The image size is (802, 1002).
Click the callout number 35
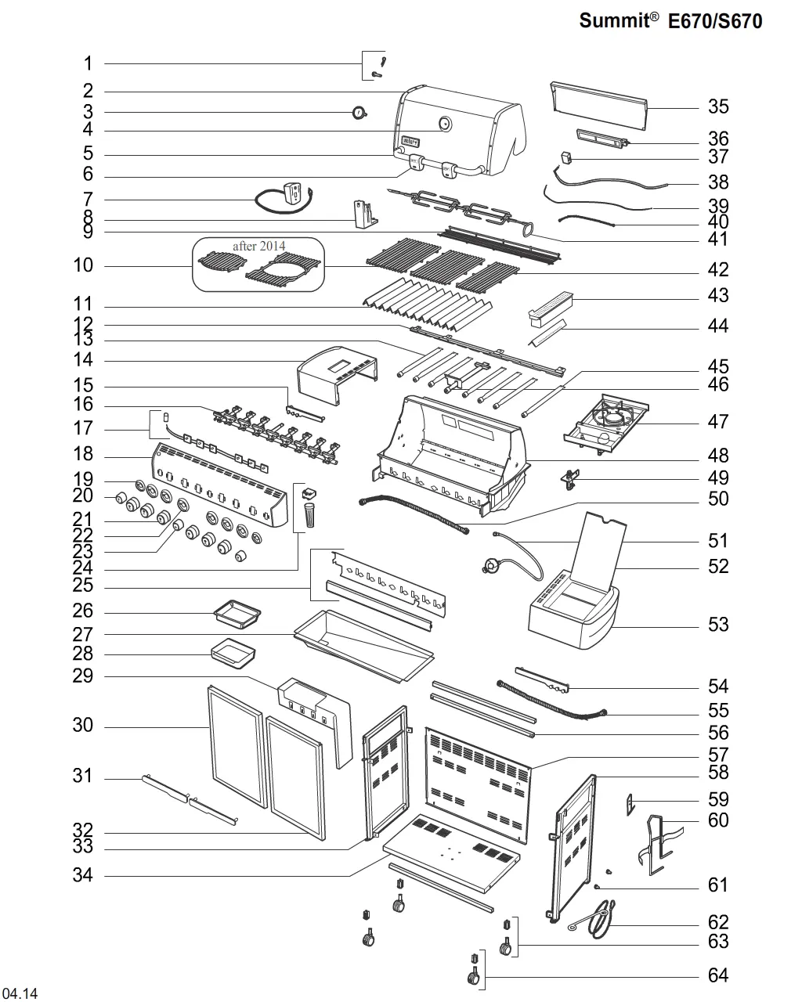click(x=717, y=106)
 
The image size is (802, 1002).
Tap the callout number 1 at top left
click(x=88, y=63)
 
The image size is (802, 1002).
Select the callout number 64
click(x=717, y=975)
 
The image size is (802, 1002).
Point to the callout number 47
click(x=717, y=421)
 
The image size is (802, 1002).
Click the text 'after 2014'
click(x=258, y=246)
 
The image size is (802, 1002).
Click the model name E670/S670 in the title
click(x=715, y=21)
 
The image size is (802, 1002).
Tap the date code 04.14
click(x=20, y=993)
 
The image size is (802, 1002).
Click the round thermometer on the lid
click(x=445, y=124)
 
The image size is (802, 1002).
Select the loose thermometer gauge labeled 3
click(x=359, y=112)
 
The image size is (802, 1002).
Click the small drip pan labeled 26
click(x=237, y=615)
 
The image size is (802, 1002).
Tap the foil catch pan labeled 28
click(x=233, y=653)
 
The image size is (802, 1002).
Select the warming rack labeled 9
click(x=499, y=245)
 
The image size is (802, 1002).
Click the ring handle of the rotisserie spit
click(x=528, y=229)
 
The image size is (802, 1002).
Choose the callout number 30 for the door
click(x=82, y=725)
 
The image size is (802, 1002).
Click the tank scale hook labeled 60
click(x=658, y=845)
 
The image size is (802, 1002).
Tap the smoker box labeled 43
click(x=551, y=307)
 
